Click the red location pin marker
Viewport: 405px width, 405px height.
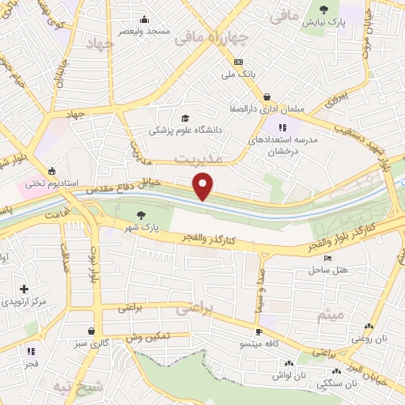(x=203, y=185)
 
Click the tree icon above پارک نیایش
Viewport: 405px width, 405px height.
(x=324, y=9)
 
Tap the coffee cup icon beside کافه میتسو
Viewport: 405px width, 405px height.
(x=259, y=332)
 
